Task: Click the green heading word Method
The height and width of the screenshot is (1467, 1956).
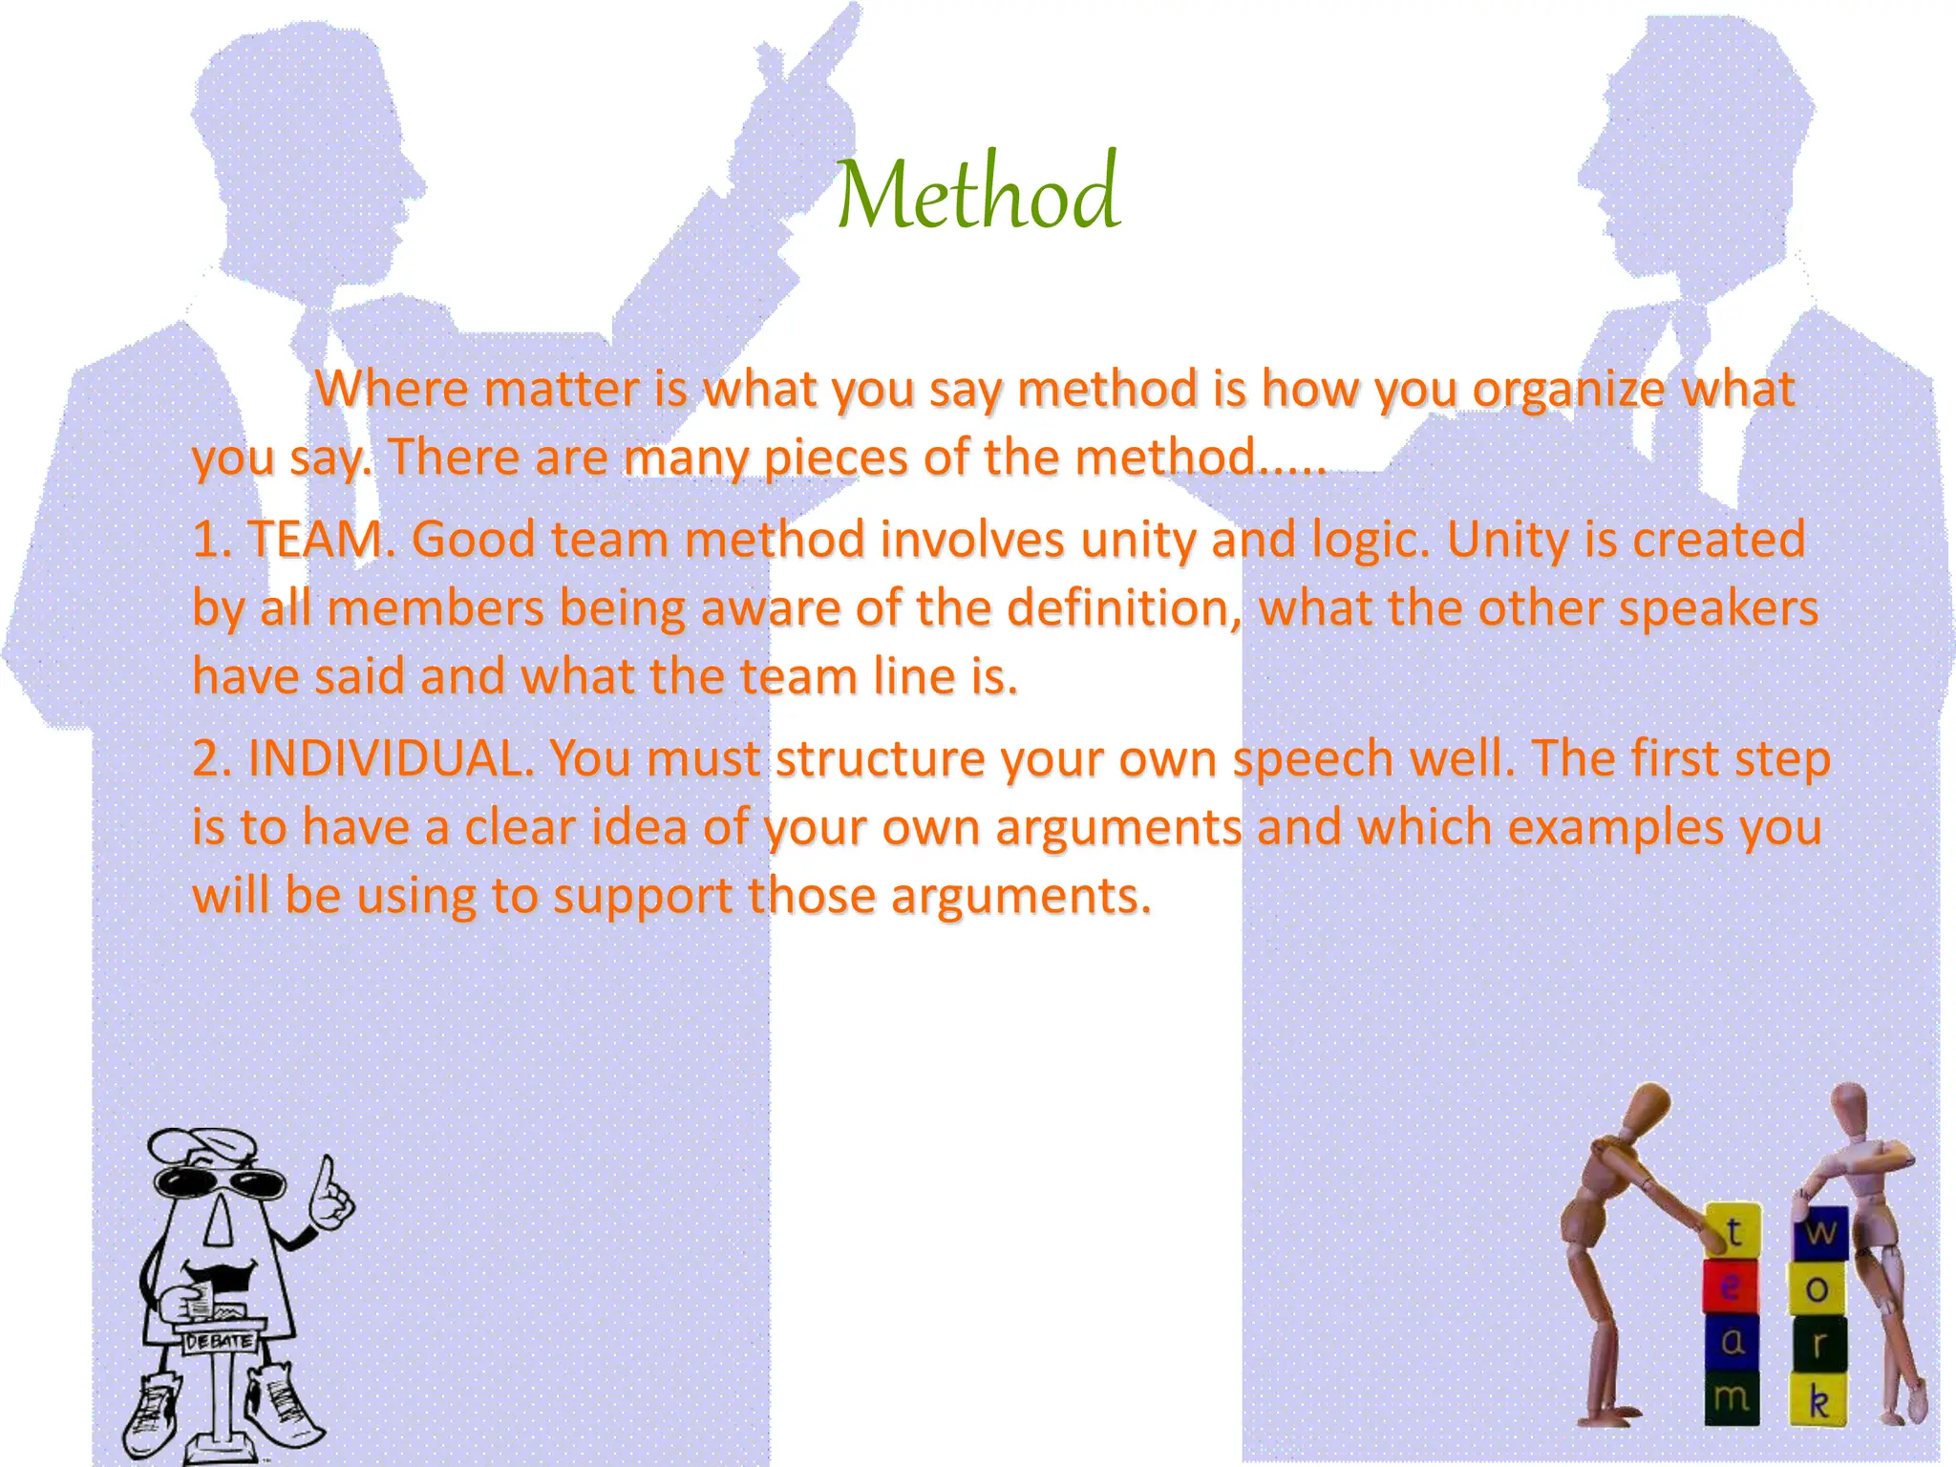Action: pyautogui.click(x=977, y=194)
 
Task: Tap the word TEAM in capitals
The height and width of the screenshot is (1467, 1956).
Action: pyautogui.click(x=314, y=540)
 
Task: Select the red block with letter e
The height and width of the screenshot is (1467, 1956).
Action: pyautogui.click(x=1730, y=1286)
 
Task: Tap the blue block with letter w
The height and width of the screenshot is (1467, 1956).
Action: pyautogui.click(x=1820, y=1233)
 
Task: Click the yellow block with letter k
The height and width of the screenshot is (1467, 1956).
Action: pyautogui.click(x=1818, y=1401)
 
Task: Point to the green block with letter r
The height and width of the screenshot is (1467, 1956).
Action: pyautogui.click(x=1818, y=1345)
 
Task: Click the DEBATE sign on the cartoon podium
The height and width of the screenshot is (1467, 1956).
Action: pyautogui.click(x=220, y=1341)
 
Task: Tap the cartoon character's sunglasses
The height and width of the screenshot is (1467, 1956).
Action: pyautogui.click(x=220, y=1183)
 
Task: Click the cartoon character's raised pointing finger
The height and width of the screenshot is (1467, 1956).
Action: pyautogui.click(x=327, y=1173)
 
